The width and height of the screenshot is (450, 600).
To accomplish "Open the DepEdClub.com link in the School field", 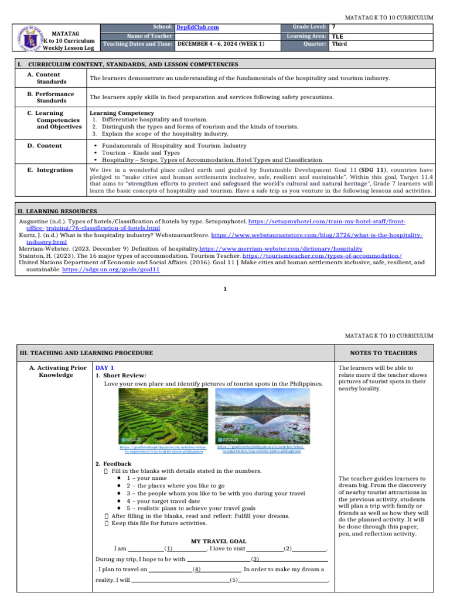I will pos(193,27).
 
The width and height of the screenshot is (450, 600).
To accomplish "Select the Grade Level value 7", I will pos(334,27).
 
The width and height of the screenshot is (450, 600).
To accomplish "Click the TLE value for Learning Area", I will pos(337,36).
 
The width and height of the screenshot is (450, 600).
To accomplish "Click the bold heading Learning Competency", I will pos(122,112).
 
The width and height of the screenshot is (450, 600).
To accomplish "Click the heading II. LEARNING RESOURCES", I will pos(57,211).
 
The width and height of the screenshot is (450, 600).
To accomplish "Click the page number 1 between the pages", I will pos(225,289).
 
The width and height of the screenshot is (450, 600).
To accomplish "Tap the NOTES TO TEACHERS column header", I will pos(383,353).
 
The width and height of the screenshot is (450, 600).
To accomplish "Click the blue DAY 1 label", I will pos(105,367).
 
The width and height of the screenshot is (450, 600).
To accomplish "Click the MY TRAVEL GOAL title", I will pos(219,541).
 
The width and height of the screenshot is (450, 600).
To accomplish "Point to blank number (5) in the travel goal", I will pos(233,580).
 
